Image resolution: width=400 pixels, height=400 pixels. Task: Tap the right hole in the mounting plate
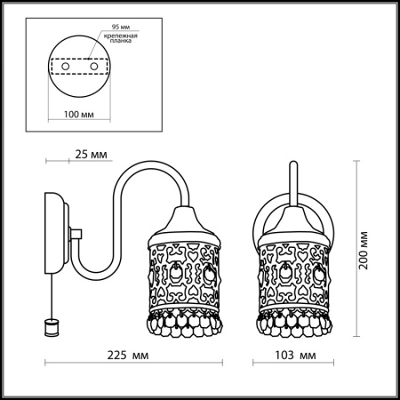tap(91, 66)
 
